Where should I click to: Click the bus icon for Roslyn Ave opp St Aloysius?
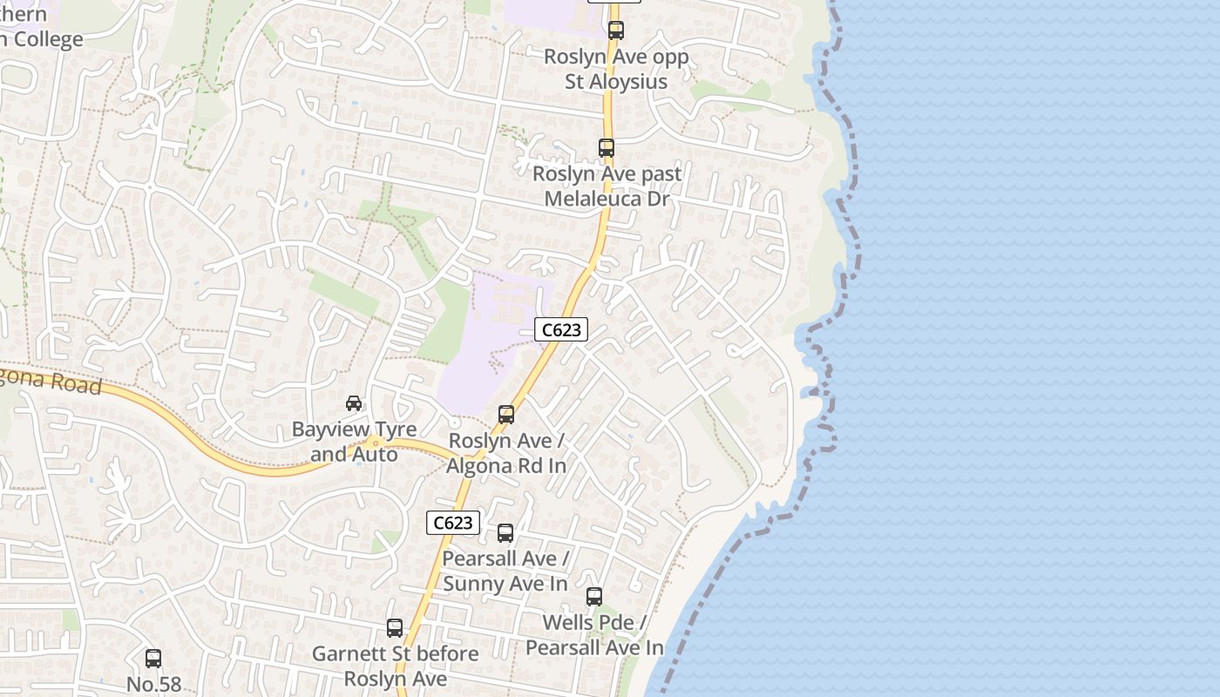click(x=616, y=30)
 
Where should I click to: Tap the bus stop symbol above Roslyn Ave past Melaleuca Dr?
click(x=607, y=148)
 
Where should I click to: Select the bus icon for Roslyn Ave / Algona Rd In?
click(x=506, y=415)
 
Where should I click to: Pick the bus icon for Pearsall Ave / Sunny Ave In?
click(x=505, y=533)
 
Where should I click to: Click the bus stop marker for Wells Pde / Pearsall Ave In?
click(x=594, y=597)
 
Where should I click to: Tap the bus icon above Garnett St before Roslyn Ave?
click(x=395, y=628)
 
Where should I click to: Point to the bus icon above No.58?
click(x=153, y=659)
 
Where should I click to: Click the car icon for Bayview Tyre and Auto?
click(x=354, y=403)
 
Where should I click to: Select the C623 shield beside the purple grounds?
click(x=561, y=330)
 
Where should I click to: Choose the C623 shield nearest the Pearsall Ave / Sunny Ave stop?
click(x=453, y=523)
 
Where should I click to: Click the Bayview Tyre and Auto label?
click(x=354, y=442)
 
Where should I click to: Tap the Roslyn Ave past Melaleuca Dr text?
click(x=607, y=186)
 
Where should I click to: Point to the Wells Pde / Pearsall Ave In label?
click(x=594, y=635)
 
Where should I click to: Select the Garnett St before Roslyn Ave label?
click(x=396, y=666)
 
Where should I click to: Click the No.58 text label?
click(x=154, y=684)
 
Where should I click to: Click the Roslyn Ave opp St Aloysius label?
click(x=616, y=69)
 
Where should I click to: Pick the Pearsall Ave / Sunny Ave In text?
click(x=505, y=571)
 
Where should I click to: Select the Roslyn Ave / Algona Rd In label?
click(x=506, y=453)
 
